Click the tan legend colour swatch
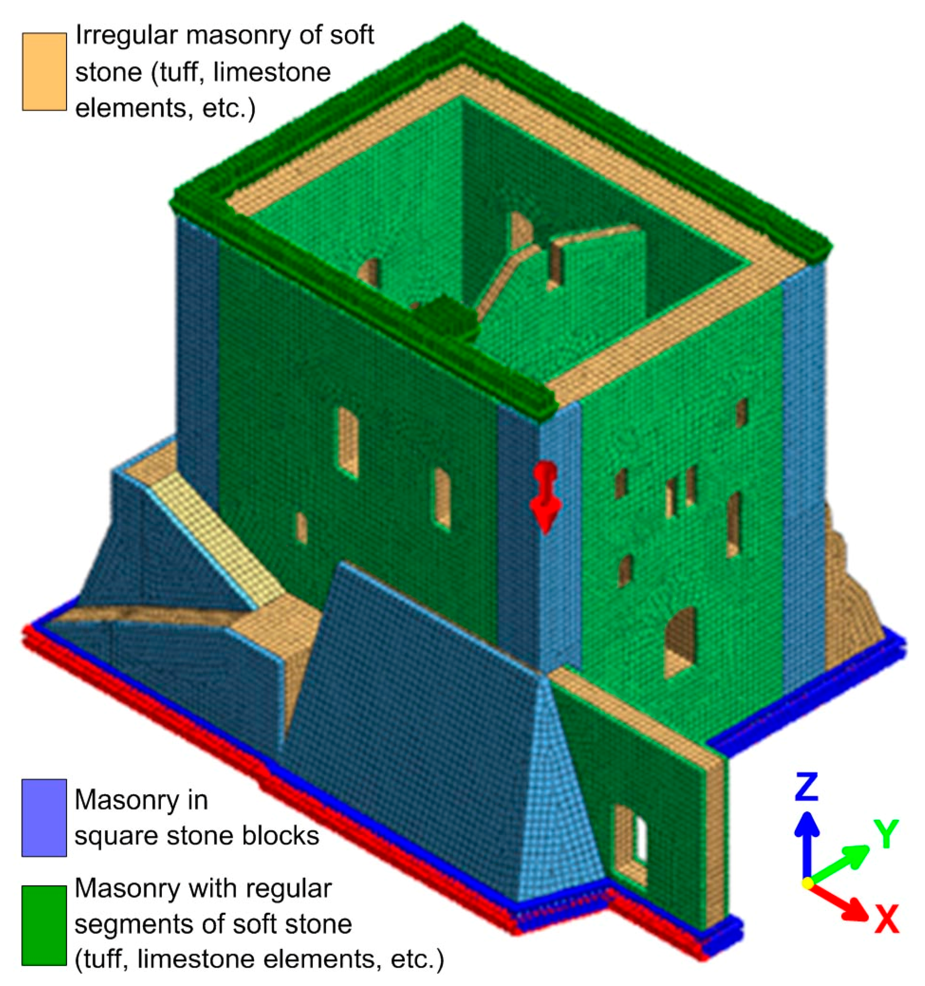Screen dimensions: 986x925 point(44,72)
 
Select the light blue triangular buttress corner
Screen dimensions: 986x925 point(558,794)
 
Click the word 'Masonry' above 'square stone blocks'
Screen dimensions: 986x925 point(141,800)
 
